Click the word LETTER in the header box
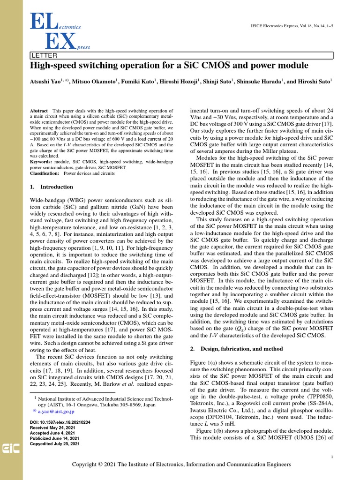[42, 56]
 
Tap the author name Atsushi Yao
[47, 81]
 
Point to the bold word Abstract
[38, 110]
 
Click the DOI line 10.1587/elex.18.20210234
[60, 422]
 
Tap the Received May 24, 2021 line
[52, 428]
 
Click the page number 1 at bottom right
[331, 457]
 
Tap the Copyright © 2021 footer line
[181, 465]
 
